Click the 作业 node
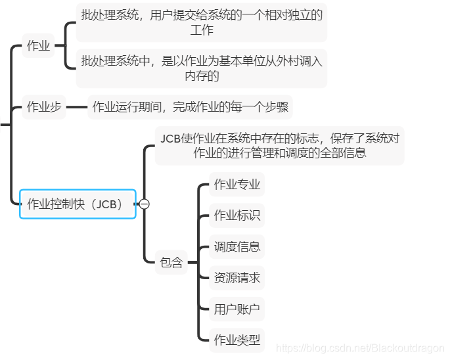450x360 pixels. click(x=38, y=46)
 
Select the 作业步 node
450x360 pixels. click(x=44, y=106)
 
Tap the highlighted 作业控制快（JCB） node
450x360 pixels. click(x=78, y=204)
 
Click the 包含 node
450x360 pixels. click(x=171, y=262)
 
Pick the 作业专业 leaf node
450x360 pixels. click(x=237, y=185)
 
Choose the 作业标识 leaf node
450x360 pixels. click(x=237, y=215)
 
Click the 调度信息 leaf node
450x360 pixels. click(x=237, y=246)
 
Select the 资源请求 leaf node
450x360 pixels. click(x=237, y=278)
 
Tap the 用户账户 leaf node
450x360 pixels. click(x=237, y=309)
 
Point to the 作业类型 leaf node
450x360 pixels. click(x=237, y=340)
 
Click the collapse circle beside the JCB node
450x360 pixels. click(x=145, y=204)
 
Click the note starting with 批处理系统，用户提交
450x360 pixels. click(x=202, y=22)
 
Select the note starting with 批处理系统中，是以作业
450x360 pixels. click(x=202, y=68)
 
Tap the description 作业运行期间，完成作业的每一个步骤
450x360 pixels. click(x=190, y=106)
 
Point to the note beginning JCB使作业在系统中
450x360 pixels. click(x=279, y=145)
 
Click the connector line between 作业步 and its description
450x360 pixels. click(x=78, y=106)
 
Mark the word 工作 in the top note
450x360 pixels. click(x=202, y=30)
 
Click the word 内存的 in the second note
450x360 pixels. click(x=202, y=76)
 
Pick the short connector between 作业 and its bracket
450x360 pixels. click(x=60, y=46)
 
